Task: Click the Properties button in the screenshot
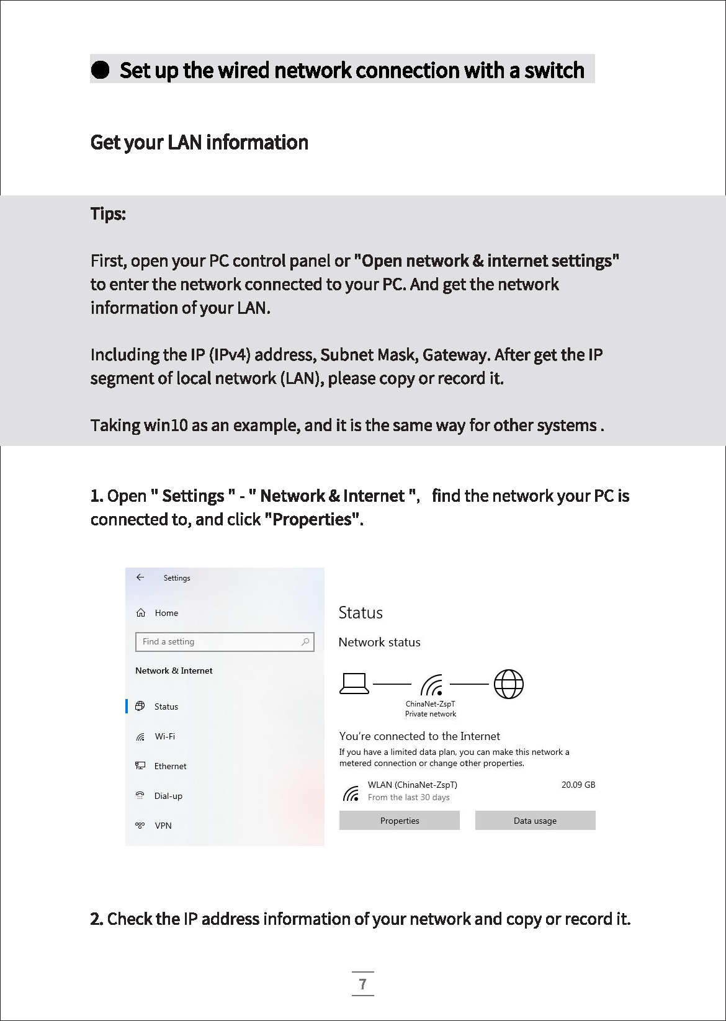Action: click(x=400, y=821)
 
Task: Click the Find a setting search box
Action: click(x=217, y=642)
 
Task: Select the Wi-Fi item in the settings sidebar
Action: click(x=164, y=736)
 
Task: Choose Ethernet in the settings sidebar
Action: click(x=170, y=766)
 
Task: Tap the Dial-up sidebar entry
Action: click(x=168, y=796)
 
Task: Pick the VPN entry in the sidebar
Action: click(x=163, y=826)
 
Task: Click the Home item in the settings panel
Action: click(x=166, y=613)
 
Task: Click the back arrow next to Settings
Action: click(x=140, y=577)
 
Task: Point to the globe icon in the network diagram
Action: click(x=509, y=684)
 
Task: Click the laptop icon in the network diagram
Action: click(x=354, y=684)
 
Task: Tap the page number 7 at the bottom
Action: click(x=363, y=984)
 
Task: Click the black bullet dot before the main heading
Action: click(x=100, y=69)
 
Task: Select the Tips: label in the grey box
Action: click(x=108, y=214)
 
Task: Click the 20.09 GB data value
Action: click(x=578, y=785)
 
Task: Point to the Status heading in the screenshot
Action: click(x=361, y=613)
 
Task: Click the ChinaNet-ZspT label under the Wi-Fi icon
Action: click(x=430, y=704)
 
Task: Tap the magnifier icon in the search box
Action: click(x=305, y=642)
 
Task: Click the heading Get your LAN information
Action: click(x=199, y=143)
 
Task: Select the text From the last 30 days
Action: click(x=408, y=798)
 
